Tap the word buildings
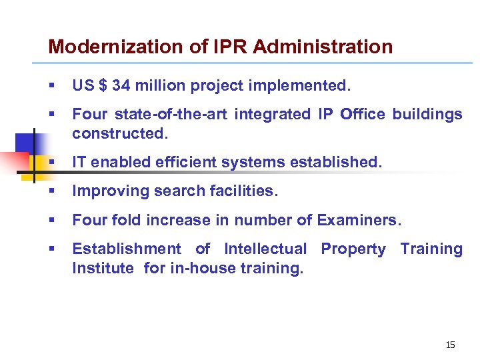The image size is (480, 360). point(427,115)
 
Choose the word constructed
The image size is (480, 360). point(118,133)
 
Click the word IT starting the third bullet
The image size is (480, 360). point(79,162)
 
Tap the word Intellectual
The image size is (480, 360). point(265,249)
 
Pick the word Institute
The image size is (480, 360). point(103,267)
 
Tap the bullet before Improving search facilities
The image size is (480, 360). point(52,192)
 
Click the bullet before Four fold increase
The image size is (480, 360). point(52,221)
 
